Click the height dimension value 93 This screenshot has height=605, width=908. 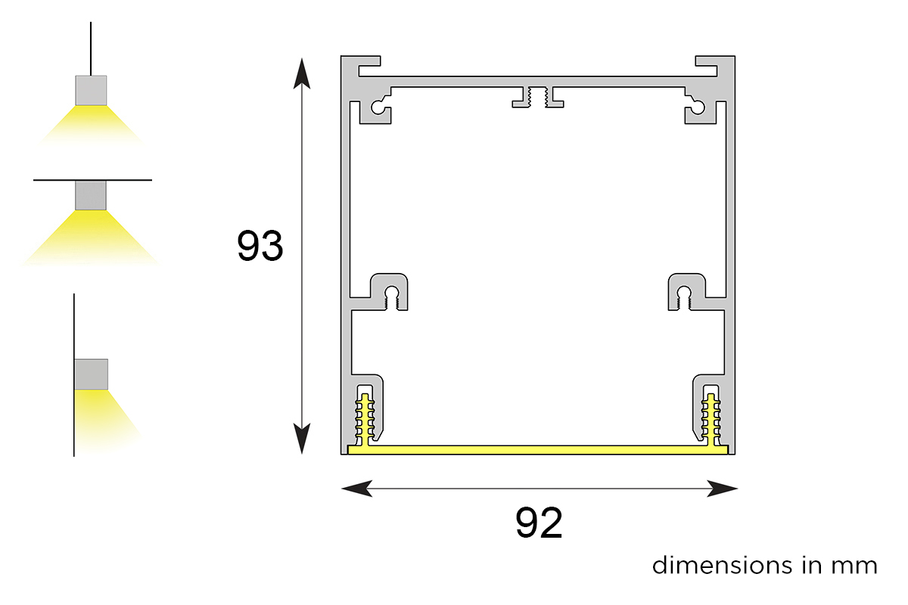[260, 246]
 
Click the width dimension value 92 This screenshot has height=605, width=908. [539, 523]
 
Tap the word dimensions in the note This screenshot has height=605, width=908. [722, 565]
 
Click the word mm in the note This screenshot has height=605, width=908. [854, 567]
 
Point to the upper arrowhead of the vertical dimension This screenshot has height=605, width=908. [302, 73]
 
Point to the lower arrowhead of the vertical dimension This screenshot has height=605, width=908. [302, 439]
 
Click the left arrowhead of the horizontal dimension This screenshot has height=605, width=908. [356, 489]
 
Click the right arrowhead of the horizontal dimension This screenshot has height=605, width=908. [722, 489]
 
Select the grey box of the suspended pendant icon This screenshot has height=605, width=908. [91, 90]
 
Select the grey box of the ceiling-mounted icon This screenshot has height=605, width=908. [91, 195]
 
